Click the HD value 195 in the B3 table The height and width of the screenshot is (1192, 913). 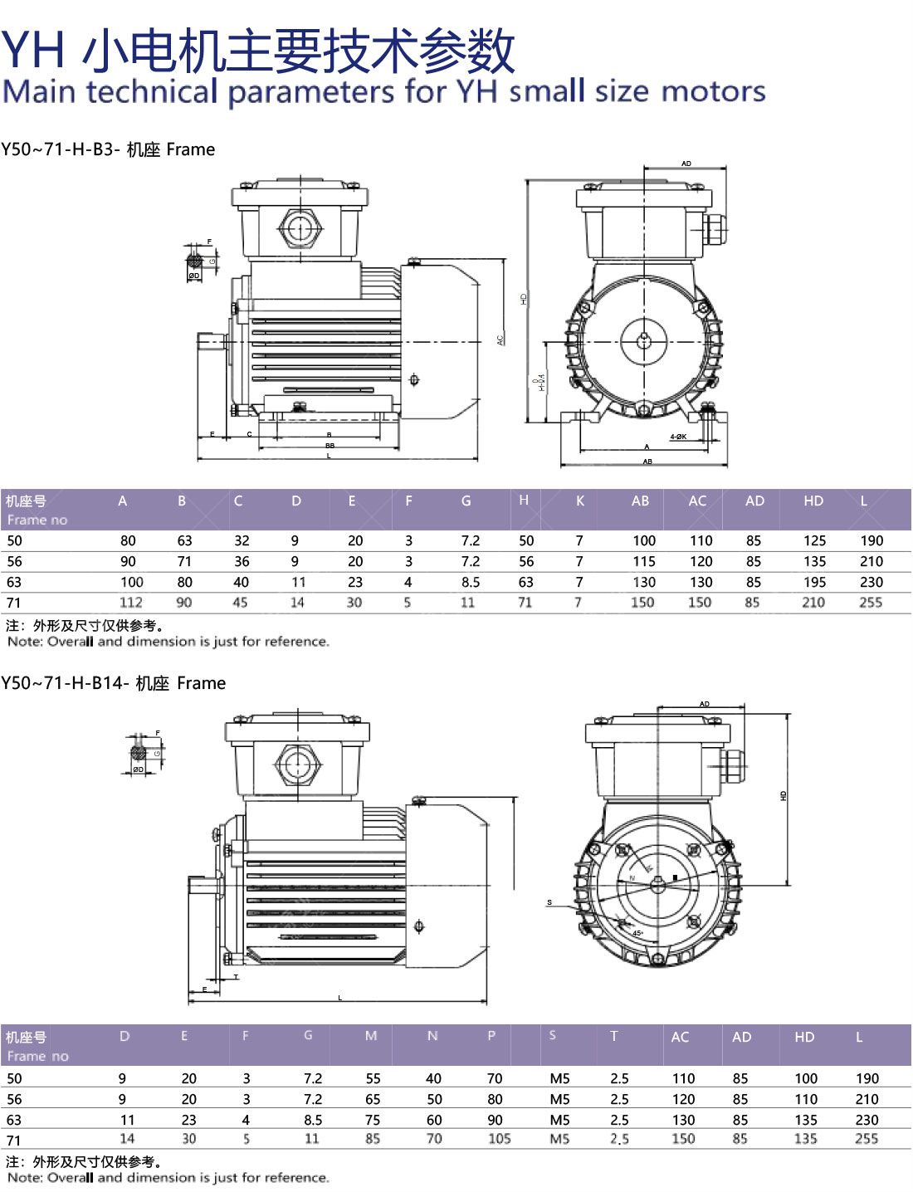(x=814, y=582)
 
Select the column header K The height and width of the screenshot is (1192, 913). (x=579, y=501)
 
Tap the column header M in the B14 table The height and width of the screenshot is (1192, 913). (x=370, y=1035)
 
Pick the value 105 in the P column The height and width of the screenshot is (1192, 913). (x=499, y=1139)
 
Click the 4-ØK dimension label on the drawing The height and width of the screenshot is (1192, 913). (x=678, y=436)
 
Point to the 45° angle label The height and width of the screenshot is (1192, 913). (x=637, y=933)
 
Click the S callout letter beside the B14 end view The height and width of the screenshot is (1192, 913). (x=549, y=902)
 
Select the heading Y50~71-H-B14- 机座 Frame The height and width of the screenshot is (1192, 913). (x=114, y=683)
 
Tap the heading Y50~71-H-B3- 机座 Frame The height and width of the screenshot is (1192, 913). (x=108, y=149)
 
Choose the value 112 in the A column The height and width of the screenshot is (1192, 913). (x=130, y=603)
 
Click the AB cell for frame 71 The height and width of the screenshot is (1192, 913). (x=642, y=603)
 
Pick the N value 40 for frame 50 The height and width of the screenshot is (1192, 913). (x=433, y=1078)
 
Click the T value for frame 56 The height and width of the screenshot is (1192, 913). (x=619, y=1099)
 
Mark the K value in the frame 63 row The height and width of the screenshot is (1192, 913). (x=579, y=582)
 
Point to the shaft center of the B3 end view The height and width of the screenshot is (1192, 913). (x=645, y=340)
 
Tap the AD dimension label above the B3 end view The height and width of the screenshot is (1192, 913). (x=686, y=164)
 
